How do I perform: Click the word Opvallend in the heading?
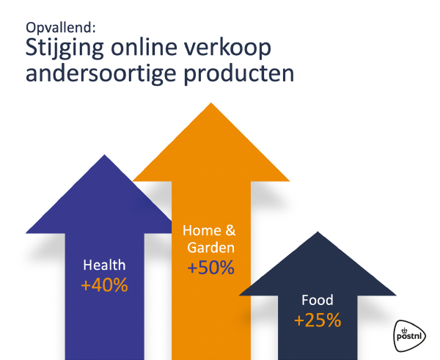pyautogui.click(x=59, y=29)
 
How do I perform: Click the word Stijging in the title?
pyautogui.click(x=65, y=48)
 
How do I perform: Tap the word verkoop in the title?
pyautogui.click(x=227, y=48)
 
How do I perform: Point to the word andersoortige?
pyautogui.click(x=101, y=74)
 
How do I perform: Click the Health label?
pyautogui.click(x=104, y=265)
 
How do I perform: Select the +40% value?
pyautogui.click(x=104, y=285)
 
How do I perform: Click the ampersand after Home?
pyautogui.click(x=230, y=230)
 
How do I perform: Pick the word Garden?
pyautogui.click(x=210, y=248)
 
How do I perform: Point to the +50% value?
pyautogui.click(x=210, y=268)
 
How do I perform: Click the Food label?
pyautogui.click(x=318, y=300)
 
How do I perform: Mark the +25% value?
pyautogui.click(x=318, y=320)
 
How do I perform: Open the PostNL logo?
pyautogui.click(x=409, y=336)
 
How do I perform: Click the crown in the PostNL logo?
pyautogui.click(x=404, y=331)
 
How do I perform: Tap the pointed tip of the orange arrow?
pyautogui.click(x=211, y=103)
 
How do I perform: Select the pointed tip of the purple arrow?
pyautogui.click(x=105, y=155)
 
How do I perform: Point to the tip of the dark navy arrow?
pyautogui.click(x=318, y=232)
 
